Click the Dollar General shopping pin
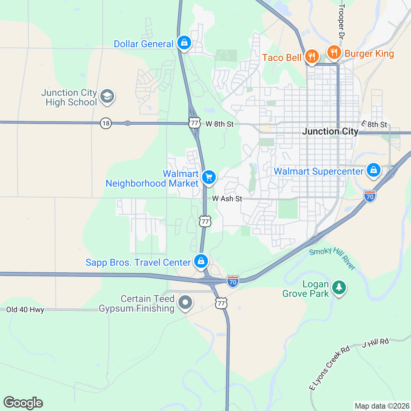(x=184, y=43)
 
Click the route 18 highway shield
(x=106, y=123)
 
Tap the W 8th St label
(x=220, y=124)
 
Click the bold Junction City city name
(x=330, y=132)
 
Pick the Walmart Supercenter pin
(x=373, y=170)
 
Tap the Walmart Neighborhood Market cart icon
(x=209, y=177)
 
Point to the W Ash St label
(x=227, y=199)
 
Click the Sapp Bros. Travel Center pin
(x=201, y=261)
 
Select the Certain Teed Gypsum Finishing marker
(x=185, y=303)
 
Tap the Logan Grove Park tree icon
(x=339, y=287)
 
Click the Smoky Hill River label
(x=332, y=259)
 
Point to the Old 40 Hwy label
(x=25, y=310)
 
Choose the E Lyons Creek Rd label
(x=329, y=368)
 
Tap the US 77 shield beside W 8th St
(x=194, y=123)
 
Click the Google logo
(x=23, y=403)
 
